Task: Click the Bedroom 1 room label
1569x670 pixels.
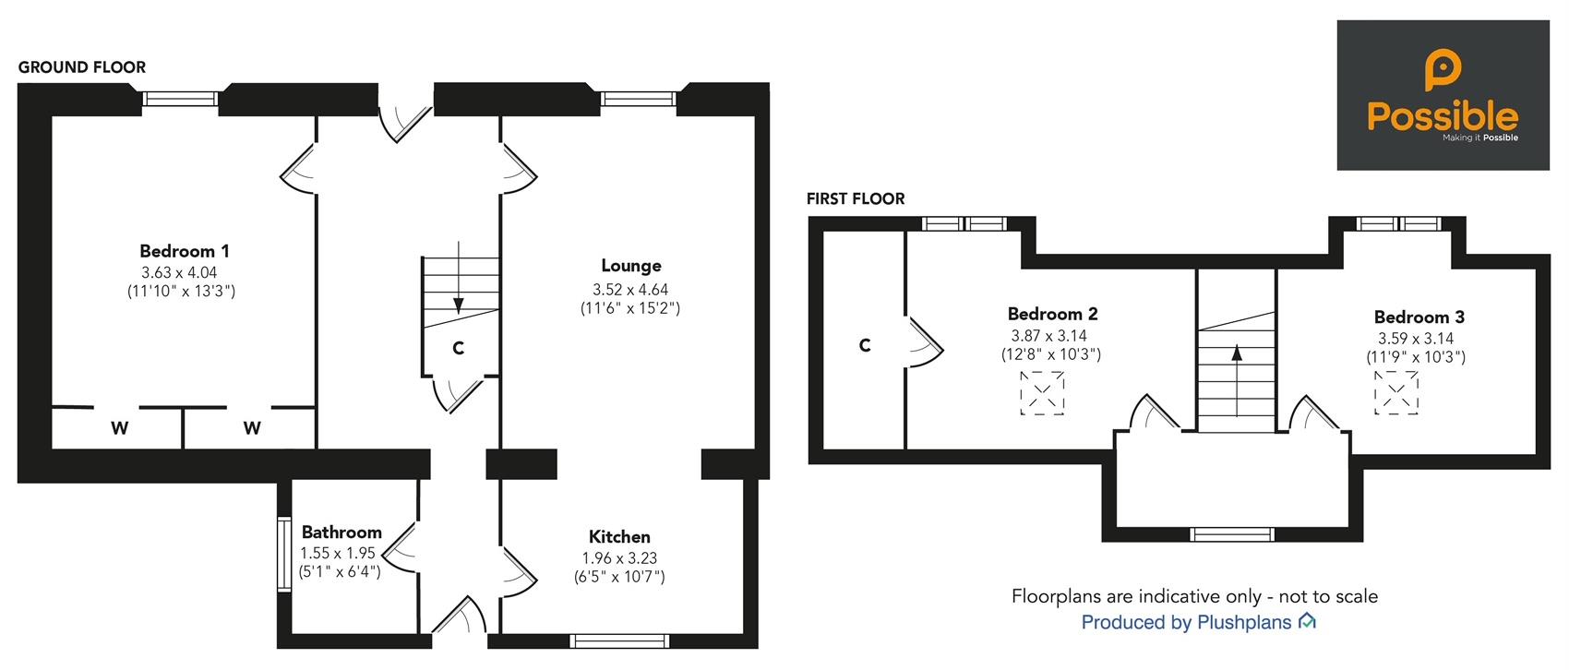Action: (x=185, y=251)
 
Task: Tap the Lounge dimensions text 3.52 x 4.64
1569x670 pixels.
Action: (x=630, y=288)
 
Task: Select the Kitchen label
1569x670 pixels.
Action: (x=619, y=537)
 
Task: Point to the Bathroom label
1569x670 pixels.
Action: (x=341, y=532)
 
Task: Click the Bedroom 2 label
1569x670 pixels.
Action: (x=1052, y=314)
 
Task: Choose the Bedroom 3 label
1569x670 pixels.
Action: (x=1419, y=317)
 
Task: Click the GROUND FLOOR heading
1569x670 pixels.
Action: (x=82, y=67)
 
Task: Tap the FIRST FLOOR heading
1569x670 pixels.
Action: (x=856, y=198)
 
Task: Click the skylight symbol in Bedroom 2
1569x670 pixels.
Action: (x=1043, y=393)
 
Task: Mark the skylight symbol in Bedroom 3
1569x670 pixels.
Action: (x=1396, y=392)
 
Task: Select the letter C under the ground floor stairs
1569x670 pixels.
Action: (x=458, y=348)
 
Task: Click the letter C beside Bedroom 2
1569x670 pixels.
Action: (x=865, y=345)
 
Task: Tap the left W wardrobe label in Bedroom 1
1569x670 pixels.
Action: (x=120, y=428)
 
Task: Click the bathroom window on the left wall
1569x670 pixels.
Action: (x=284, y=552)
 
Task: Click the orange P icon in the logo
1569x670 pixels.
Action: (x=1443, y=71)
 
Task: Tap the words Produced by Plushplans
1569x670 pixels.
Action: (x=1186, y=623)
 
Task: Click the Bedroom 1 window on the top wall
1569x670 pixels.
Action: (x=180, y=98)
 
